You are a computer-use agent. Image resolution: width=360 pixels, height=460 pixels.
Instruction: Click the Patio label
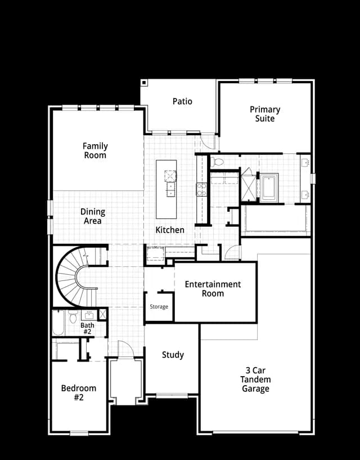[x=182, y=101]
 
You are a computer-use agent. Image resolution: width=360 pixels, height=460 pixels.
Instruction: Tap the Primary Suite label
[x=265, y=114]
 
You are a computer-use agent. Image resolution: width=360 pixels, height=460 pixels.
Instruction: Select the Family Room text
[x=95, y=150]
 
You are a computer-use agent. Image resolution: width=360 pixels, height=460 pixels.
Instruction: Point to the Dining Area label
[x=93, y=216]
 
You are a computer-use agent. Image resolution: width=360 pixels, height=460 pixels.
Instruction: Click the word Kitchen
[x=170, y=230]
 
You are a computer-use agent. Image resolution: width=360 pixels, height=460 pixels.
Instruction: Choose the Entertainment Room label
[x=213, y=289]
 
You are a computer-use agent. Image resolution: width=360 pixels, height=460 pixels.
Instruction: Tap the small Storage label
[x=159, y=306]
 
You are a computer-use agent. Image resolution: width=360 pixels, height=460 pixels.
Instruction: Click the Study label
[x=173, y=355]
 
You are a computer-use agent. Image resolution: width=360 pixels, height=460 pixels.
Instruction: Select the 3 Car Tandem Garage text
[x=255, y=379]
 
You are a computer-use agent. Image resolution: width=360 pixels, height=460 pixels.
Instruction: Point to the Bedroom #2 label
[x=79, y=392]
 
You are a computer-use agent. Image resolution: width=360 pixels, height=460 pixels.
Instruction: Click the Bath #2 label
[x=87, y=328]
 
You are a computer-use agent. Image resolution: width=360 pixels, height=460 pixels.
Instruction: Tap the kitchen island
[x=166, y=189]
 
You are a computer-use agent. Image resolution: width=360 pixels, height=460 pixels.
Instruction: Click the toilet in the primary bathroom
[x=217, y=162]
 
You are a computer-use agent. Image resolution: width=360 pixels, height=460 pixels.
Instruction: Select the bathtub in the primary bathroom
[x=269, y=187]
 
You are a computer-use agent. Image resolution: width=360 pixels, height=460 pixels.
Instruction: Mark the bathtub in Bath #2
[x=58, y=323]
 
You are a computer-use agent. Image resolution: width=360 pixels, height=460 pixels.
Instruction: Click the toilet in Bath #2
[x=73, y=317]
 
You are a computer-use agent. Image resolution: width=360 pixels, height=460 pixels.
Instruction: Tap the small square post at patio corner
[x=143, y=83]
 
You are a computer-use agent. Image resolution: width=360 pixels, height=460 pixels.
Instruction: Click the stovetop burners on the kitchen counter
[x=201, y=189]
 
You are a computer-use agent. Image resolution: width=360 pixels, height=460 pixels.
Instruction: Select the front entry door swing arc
[x=125, y=349]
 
